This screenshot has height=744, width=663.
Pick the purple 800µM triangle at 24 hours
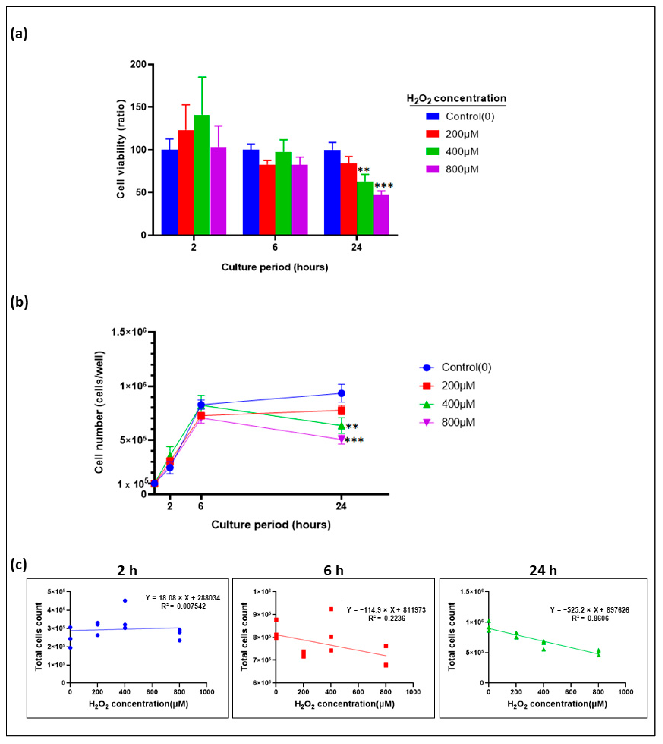click(341, 439)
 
